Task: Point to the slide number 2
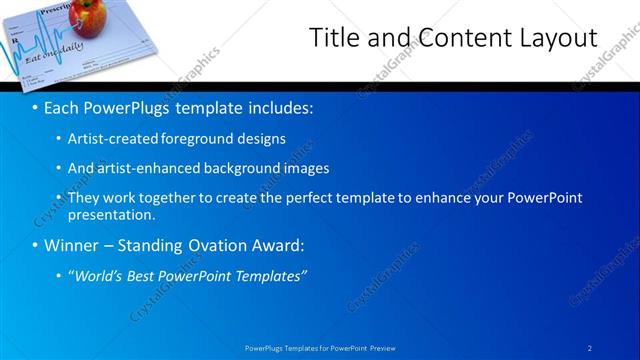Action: pos(590,347)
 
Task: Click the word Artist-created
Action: pos(113,139)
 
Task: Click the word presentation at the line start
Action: pos(110,214)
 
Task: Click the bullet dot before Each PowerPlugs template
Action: pos(36,106)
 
